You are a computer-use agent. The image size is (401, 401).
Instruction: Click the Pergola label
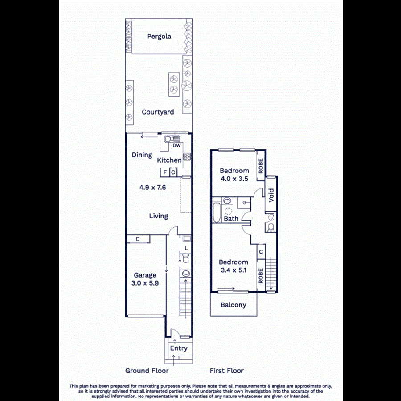(x=159, y=37)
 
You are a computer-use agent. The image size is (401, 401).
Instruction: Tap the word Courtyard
(x=158, y=112)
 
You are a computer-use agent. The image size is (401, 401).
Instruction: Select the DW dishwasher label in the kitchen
(x=176, y=146)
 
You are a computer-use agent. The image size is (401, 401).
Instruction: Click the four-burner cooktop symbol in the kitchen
(x=187, y=156)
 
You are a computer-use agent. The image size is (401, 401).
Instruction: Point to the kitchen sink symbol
(x=171, y=139)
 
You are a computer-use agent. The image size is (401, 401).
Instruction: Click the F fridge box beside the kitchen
(x=165, y=172)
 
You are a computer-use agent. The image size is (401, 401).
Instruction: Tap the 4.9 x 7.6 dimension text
(x=152, y=188)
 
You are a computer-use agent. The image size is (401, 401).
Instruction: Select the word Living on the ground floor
(x=158, y=216)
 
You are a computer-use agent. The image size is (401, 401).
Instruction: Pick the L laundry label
(x=186, y=248)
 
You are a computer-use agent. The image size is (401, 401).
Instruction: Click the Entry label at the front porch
(x=179, y=348)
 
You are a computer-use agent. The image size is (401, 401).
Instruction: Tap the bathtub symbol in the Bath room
(x=217, y=213)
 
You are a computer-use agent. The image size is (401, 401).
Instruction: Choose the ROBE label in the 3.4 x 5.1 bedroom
(x=261, y=275)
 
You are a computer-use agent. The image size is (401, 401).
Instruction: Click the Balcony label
(x=233, y=305)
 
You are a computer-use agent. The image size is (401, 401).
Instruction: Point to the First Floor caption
(x=227, y=371)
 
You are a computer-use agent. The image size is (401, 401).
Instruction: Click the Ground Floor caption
(x=147, y=371)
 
